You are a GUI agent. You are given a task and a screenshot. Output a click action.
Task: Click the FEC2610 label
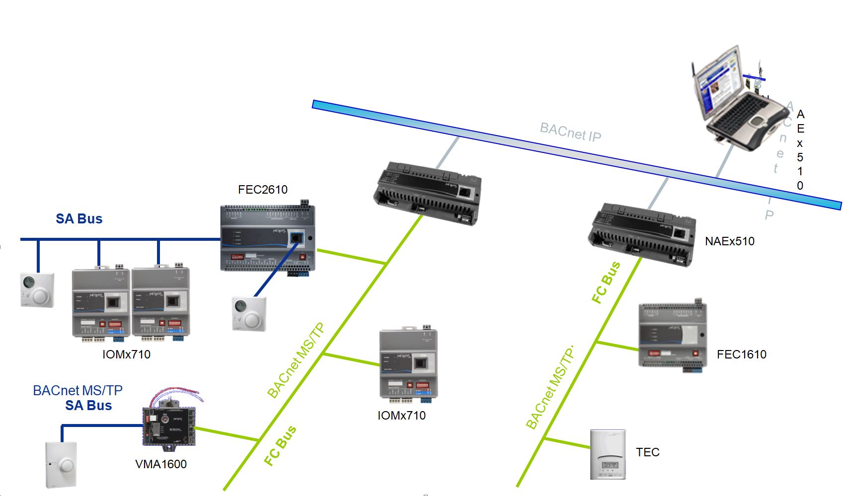click(262, 190)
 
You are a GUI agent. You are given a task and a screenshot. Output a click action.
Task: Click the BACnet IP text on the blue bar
click(570, 132)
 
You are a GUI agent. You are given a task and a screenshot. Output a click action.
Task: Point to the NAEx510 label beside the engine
click(729, 241)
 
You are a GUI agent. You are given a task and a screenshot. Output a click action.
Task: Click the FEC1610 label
click(741, 354)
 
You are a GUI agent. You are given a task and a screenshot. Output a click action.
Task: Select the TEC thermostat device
click(607, 454)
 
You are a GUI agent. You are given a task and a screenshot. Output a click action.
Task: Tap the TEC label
click(647, 452)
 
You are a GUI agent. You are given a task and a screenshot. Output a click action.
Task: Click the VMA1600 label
click(161, 464)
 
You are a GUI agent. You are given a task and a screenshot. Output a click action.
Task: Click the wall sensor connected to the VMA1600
click(61, 464)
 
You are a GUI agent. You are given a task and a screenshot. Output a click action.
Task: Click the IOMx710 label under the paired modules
click(126, 354)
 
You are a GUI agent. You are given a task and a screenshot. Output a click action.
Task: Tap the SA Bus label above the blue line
click(79, 219)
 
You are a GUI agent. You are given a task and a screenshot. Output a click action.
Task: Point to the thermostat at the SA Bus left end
click(37, 290)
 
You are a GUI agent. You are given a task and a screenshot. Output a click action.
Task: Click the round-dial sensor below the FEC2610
click(249, 314)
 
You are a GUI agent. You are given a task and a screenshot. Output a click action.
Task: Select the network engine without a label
click(427, 194)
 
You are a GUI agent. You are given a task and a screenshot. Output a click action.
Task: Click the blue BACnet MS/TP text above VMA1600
click(77, 391)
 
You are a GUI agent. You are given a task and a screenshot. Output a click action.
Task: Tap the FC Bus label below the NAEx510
click(606, 282)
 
